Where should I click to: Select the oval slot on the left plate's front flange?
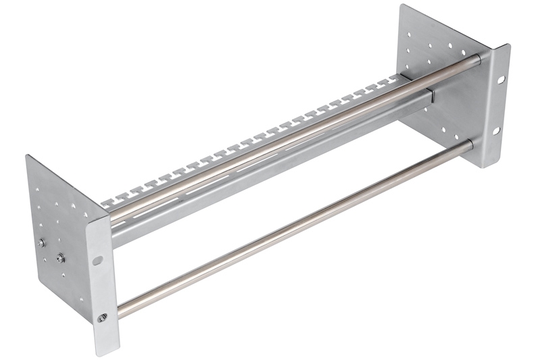click(99, 259)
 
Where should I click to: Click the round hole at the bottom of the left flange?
click(103, 317)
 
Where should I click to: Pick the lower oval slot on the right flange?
click(500, 130)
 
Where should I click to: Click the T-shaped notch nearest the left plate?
click(110, 201)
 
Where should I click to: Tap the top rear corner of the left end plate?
click(28, 156)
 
